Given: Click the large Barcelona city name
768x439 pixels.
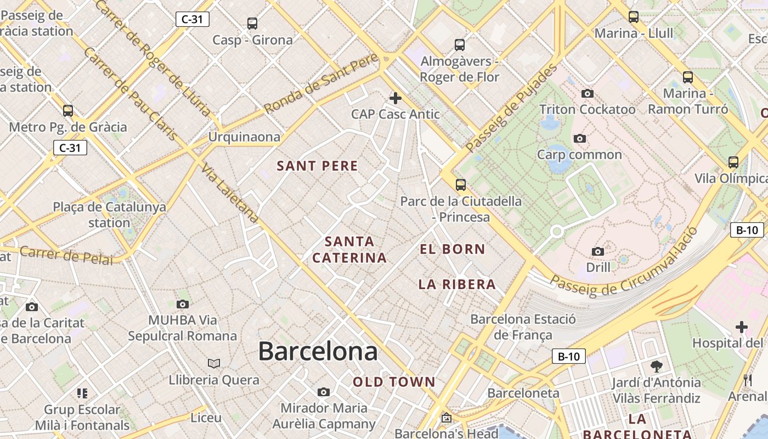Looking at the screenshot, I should click(318, 351).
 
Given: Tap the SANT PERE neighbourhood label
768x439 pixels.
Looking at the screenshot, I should click(317, 166).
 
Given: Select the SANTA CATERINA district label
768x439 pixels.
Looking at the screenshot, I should click(349, 250).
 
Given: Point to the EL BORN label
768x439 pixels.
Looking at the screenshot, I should click(453, 249).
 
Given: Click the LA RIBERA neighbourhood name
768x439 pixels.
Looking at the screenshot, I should click(457, 284).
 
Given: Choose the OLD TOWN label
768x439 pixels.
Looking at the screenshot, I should click(394, 382).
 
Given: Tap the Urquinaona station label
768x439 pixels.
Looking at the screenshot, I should click(244, 137).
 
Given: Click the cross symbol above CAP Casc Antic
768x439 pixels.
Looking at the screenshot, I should click(395, 98).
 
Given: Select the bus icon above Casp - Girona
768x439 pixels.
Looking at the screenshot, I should click(252, 24).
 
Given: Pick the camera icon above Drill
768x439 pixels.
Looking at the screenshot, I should click(598, 251).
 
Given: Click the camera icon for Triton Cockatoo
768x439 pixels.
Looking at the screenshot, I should click(588, 93).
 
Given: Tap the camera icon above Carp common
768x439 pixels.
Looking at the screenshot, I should click(579, 138).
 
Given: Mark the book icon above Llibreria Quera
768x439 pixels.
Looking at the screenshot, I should click(214, 363).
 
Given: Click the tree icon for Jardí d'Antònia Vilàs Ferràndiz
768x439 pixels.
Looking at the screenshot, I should click(656, 366).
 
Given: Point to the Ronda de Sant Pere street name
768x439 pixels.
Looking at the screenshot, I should click(321, 83).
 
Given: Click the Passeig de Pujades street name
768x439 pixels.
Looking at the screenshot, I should click(511, 109).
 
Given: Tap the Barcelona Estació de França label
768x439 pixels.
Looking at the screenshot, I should click(523, 327).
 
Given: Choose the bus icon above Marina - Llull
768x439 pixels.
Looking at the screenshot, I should click(634, 17).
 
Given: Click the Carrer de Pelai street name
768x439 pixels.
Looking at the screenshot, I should click(66, 255).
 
